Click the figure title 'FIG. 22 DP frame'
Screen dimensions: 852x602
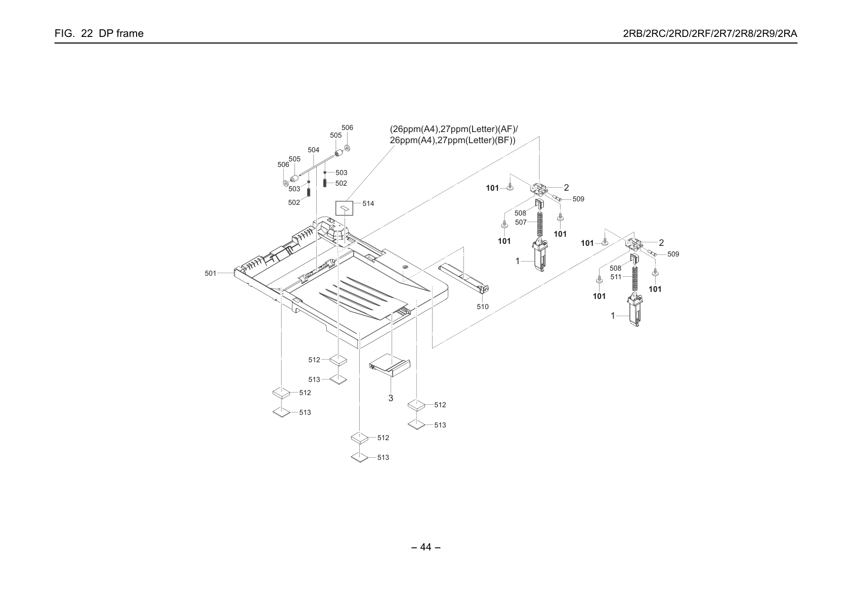(x=99, y=33)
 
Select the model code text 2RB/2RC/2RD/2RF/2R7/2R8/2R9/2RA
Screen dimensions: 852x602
(x=710, y=33)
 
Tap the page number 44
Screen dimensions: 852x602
(x=425, y=547)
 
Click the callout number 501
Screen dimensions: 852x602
(x=210, y=273)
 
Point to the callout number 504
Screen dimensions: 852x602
(x=313, y=150)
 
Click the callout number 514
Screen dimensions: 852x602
(x=368, y=203)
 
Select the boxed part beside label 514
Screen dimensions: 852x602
(x=344, y=208)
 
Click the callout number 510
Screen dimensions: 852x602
(x=483, y=307)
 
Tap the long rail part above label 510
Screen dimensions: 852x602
(x=463, y=279)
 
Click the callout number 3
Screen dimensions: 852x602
(x=391, y=398)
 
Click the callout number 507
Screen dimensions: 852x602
(x=521, y=222)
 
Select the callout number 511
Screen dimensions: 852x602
(x=616, y=277)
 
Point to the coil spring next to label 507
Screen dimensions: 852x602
(x=539, y=225)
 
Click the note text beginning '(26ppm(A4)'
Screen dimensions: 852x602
(x=453, y=135)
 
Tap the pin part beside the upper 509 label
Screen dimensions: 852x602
(x=557, y=198)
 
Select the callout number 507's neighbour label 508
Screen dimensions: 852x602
(x=520, y=213)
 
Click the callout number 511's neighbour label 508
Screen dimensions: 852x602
(x=615, y=268)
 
